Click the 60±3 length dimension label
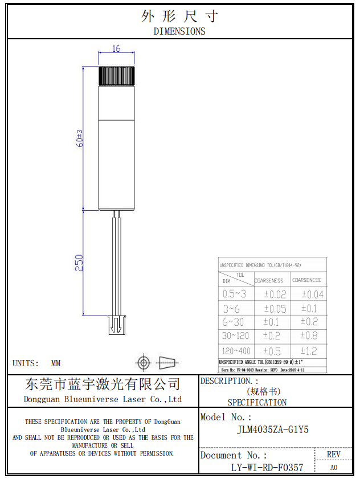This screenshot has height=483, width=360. (x=80, y=138)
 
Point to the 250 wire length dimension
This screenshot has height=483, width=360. (x=80, y=263)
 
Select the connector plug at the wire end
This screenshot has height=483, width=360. (x=116, y=326)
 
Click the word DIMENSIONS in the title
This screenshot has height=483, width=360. (x=179, y=31)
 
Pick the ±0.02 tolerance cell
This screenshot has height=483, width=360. (x=275, y=294)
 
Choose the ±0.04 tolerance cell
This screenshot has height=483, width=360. (x=312, y=294)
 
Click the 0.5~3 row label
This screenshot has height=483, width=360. (x=235, y=294)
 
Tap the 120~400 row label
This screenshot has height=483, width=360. (x=236, y=351)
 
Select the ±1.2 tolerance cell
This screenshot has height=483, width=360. (x=312, y=351)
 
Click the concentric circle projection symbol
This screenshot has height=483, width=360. (x=143, y=362)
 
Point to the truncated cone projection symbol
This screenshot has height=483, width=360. (x=167, y=362)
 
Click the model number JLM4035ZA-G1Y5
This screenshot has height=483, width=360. (x=273, y=430)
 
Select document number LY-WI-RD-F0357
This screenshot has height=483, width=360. (x=267, y=468)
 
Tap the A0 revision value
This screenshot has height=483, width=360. (x=334, y=468)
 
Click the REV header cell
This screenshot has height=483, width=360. (x=334, y=455)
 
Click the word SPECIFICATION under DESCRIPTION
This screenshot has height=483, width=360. (x=257, y=402)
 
